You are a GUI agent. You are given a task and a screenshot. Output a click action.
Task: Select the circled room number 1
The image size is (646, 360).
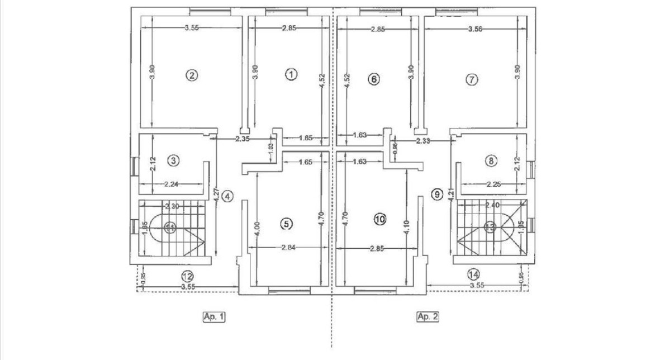click(x=291, y=74)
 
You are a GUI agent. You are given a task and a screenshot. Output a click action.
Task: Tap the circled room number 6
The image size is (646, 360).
click(x=374, y=79)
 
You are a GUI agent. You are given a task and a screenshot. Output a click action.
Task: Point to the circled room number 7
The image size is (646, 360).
click(x=472, y=79)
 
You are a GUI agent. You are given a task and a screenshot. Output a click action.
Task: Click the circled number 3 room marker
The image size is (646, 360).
click(x=174, y=161)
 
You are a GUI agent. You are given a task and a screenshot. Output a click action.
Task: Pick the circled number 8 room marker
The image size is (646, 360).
click(x=491, y=161)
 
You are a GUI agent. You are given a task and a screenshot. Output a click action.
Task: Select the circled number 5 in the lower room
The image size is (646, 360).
click(x=286, y=224)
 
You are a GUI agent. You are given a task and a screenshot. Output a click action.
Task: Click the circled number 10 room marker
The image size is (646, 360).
click(x=380, y=219)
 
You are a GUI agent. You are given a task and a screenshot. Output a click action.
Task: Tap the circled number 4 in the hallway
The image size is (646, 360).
click(x=227, y=196)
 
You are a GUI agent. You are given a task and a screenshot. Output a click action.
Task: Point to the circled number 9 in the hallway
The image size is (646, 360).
click(x=438, y=194)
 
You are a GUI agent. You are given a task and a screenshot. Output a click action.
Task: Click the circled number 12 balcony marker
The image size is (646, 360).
click(x=188, y=275)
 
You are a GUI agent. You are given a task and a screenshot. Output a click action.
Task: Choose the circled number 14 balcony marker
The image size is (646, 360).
click(x=474, y=274)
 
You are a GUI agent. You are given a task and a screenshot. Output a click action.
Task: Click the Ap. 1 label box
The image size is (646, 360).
click(x=214, y=317)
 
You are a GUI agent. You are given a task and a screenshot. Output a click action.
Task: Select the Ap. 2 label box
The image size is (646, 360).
click(x=428, y=317)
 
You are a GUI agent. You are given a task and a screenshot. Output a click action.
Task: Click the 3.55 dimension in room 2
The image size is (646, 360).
click(x=192, y=27)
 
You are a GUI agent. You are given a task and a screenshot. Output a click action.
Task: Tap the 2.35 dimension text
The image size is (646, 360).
click(x=242, y=139)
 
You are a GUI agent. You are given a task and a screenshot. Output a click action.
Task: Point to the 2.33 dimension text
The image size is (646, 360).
click(x=424, y=142)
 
